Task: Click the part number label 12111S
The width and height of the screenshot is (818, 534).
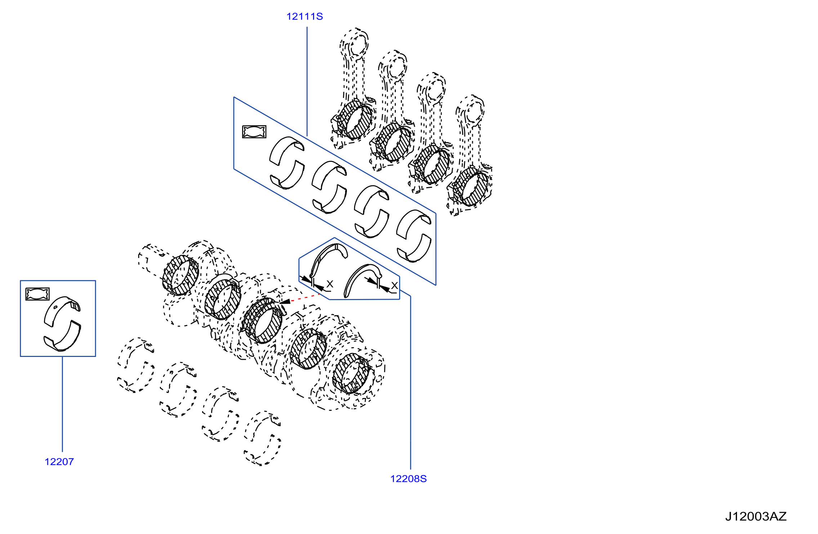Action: click(304, 17)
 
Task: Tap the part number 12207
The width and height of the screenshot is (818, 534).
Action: click(59, 462)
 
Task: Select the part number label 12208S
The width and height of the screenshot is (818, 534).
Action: click(408, 479)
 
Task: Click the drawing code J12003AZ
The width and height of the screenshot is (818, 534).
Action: click(756, 516)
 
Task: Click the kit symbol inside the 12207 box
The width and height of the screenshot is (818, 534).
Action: click(37, 294)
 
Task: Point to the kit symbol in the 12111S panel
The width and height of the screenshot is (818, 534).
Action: click(254, 132)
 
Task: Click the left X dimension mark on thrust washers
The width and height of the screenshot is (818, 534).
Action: click(330, 284)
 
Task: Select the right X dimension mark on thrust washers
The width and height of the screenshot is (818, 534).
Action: click(394, 285)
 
